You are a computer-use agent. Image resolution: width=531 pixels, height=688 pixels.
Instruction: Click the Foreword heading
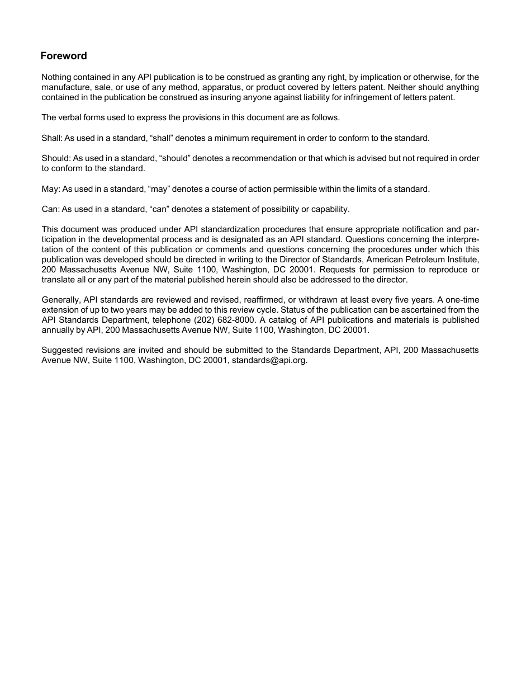(x=64, y=56)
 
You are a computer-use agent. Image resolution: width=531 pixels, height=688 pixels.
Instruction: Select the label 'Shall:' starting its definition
(x=52, y=138)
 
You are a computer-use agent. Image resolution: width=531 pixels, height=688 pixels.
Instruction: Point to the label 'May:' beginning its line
(x=50, y=189)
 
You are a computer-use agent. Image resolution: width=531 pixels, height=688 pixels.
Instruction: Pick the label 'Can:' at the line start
(x=50, y=209)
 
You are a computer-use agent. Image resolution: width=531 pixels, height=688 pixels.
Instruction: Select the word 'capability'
(x=329, y=209)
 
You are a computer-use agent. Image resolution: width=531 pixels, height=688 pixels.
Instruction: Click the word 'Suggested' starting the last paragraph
(x=61, y=350)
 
